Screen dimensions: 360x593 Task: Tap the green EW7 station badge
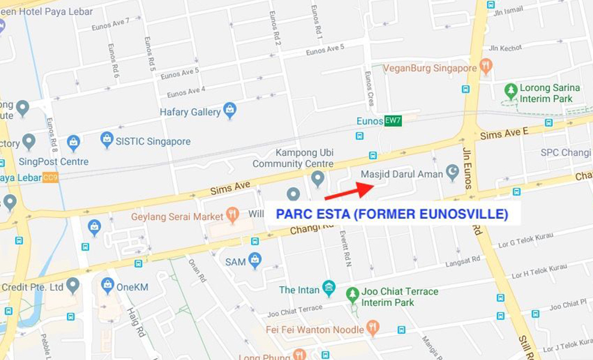tap(393, 121)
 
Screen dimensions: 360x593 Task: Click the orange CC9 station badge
tap(50, 178)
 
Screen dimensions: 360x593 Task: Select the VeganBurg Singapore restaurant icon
tap(486, 67)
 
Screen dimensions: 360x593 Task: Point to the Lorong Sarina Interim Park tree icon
tap(511, 91)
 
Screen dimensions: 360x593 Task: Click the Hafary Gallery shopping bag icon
tap(229, 110)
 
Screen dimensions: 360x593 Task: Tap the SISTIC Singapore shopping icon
tap(107, 140)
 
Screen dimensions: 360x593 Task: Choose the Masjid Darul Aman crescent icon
tap(453, 173)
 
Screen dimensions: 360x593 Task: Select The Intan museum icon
tap(328, 289)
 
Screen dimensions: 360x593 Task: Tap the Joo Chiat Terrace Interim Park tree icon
tap(352, 295)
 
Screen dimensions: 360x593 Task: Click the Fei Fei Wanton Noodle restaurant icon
tap(373, 328)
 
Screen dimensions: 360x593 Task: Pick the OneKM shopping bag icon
tap(108, 286)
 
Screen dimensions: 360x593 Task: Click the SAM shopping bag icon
tap(255, 260)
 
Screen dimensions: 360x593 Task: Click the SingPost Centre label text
tap(53, 161)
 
